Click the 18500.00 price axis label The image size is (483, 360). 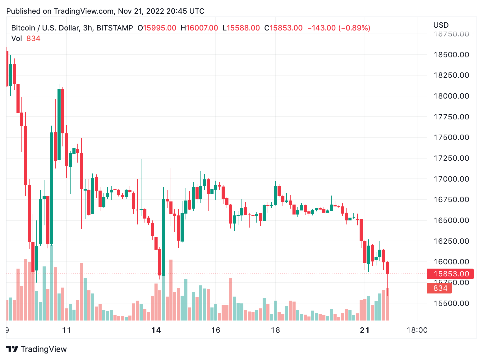(451, 55)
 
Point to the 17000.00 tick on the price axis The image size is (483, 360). (451, 179)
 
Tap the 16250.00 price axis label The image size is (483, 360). (451, 241)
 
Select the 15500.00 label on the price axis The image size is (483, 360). (451, 303)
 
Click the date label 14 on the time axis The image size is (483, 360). (156, 330)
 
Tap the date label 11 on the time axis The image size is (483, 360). (67, 330)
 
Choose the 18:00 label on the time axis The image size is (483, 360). (417, 330)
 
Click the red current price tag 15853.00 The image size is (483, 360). (451, 274)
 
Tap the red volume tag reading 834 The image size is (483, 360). (440, 288)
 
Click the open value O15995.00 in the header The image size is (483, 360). (157, 28)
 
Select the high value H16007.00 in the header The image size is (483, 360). (199, 28)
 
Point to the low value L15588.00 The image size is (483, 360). (241, 28)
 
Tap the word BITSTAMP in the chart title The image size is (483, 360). (115, 28)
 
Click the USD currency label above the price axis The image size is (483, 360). (441, 25)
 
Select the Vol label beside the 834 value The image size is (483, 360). (17, 39)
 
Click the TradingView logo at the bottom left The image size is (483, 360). (37, 349)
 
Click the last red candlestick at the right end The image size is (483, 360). (387, 268)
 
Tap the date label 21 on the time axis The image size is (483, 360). (365, 330)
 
